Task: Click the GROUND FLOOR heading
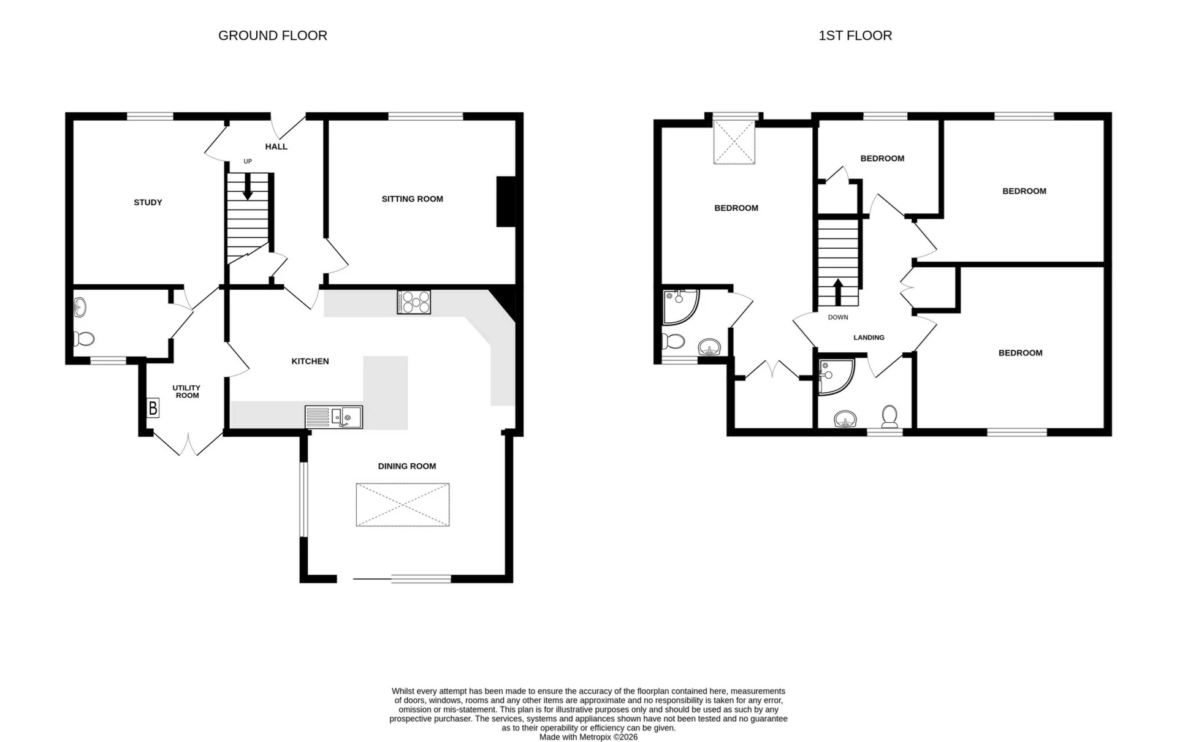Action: click(272, 36)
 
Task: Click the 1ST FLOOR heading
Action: click(855, 36)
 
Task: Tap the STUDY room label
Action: click(148, 202)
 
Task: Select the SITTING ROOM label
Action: click(412, 199)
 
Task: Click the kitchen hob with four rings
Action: click(414, 301)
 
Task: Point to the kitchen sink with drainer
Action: click(333, 417)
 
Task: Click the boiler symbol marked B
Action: click(153, 407)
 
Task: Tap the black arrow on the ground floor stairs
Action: click(248, 187)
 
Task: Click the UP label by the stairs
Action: click(248, 161)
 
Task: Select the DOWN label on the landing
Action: click(837, 317)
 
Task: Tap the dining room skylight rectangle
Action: click(402, 504)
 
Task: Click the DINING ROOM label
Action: click(406, 466)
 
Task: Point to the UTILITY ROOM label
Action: click(186, 392)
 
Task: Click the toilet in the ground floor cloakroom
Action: click(84, 338)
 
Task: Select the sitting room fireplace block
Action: click(506, 202)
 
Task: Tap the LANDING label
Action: click(869, 337)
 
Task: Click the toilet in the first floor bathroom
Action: click(889, 416)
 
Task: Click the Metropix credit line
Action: click(588, 737)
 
